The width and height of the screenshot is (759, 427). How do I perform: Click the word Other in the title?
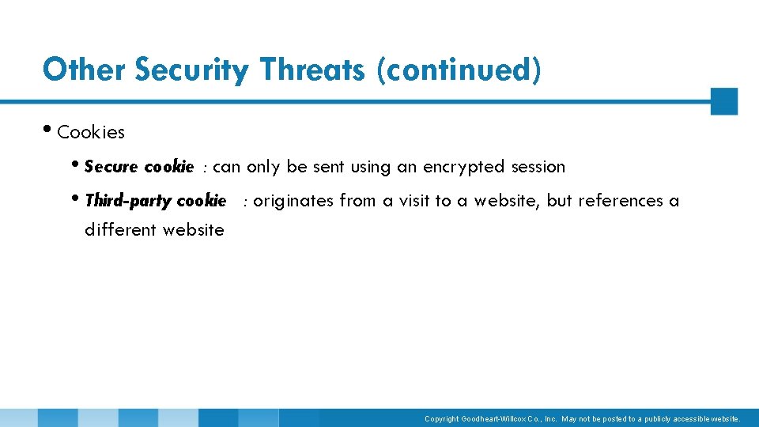85,70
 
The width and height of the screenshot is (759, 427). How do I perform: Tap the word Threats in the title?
312,70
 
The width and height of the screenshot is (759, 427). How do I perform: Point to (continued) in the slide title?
459,70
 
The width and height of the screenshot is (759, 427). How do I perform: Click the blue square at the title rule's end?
723,101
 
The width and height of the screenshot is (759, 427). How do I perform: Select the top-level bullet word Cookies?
91,132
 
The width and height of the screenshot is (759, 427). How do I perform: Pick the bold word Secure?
111,167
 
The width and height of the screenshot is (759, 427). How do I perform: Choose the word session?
538,167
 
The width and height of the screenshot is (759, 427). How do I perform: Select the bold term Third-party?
128,201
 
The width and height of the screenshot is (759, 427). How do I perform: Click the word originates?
293,201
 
